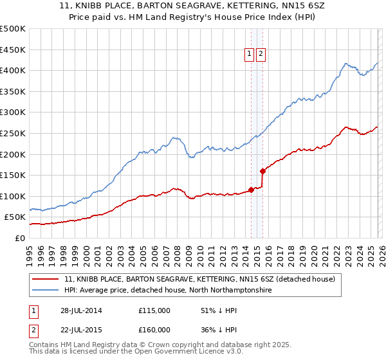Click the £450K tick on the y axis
[13, 50]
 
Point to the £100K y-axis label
[13, 196]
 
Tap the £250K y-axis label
[13, 133]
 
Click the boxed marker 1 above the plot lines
[249, 55]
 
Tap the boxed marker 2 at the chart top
[261, 55]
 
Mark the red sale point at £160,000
[262, 171]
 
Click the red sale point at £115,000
[251, 190]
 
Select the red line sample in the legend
[46, 280]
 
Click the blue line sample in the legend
[46, 291]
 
